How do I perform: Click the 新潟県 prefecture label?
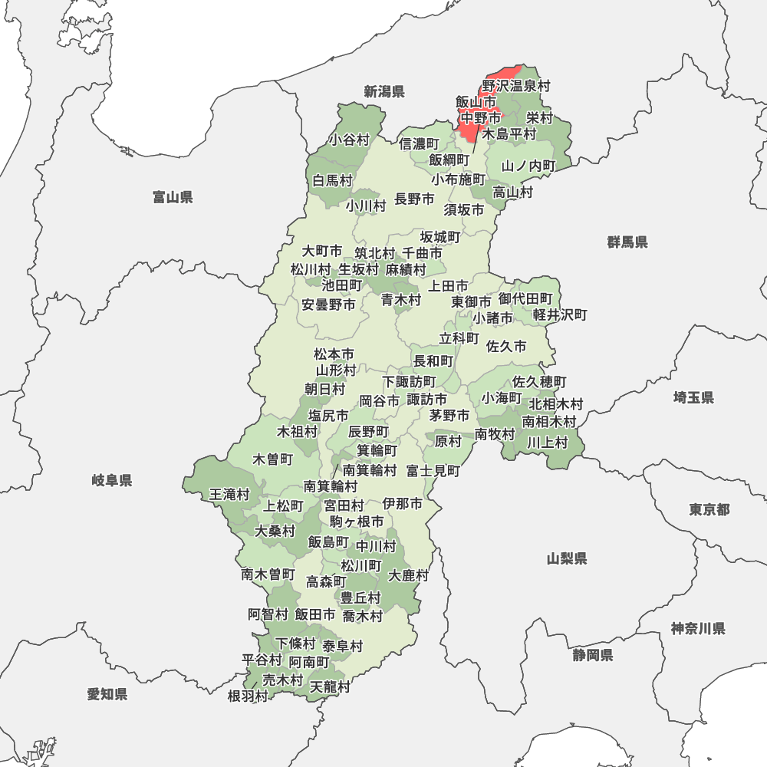(383, 92)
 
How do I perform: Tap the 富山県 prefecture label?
(173, 198)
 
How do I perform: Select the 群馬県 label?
(627, 242)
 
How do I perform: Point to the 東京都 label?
(709, 510)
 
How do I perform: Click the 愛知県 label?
(107, 694)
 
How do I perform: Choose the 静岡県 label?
(592, 655)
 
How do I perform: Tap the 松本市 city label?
(334, 354)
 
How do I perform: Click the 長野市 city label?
(414, 199)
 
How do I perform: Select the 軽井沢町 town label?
(560, 315)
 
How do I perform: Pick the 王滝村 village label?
(230, 495)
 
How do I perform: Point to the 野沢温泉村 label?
(516, 86)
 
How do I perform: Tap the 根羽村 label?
(248, 696)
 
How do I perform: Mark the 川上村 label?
(547, 443)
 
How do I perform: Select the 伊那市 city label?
(403, 504)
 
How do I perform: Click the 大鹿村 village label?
(408, 575)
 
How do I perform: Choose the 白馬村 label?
(332, 181)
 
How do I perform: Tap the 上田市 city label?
(448, 286)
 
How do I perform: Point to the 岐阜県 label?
(112, 481)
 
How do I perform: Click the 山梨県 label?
(567, 558)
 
